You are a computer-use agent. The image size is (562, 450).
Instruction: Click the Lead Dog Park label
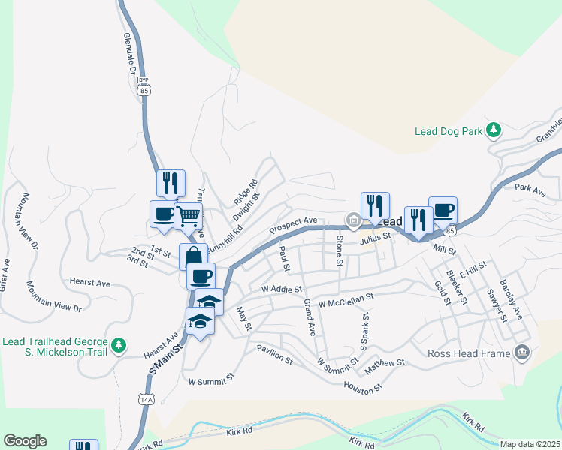point(449,131)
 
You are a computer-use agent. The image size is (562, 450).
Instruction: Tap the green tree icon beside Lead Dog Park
point(494,131)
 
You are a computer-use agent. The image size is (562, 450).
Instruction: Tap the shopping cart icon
point(188,217)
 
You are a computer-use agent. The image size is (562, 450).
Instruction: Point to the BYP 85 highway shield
point(144,85)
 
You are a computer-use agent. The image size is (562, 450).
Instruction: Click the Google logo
point(25,441)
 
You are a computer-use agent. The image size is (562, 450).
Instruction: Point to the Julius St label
point(376,237)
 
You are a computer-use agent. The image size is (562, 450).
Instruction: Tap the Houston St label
point(363,388)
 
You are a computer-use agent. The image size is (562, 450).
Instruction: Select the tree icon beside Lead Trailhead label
point(118,346)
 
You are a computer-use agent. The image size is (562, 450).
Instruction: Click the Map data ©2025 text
point(530,444)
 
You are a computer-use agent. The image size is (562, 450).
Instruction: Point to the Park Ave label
point(530,192)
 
